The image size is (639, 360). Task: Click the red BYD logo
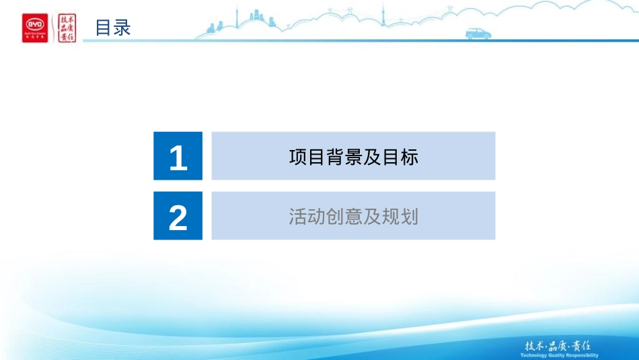tap(35, 28)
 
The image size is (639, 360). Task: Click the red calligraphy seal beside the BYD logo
tap(67, 28)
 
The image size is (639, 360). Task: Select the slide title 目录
tap(112, 28)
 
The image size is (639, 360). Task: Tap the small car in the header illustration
tap(478, 34)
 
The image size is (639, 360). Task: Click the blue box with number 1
tap(178, 156)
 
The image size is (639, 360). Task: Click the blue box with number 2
tap(178, 216)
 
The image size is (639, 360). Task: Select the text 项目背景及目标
tap(353, 157)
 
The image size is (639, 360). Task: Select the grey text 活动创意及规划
tap(353, 217)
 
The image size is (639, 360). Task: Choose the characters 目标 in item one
tap(400, 157)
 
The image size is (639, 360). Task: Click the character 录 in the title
tap(122, 28)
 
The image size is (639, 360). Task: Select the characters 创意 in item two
tap(344, 217)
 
